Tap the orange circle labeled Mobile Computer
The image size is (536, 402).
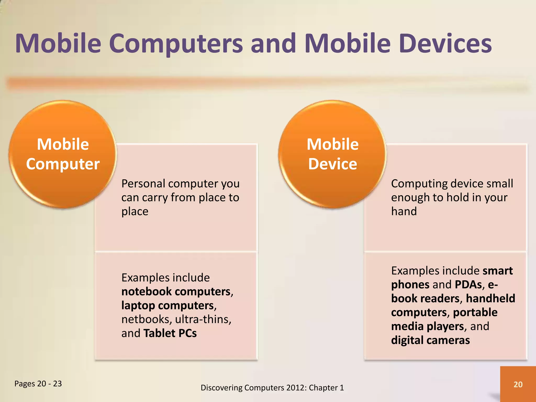tap(63, 154)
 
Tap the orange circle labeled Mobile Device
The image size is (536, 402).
tap(332, 154)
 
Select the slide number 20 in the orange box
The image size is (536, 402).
tap(518, 384)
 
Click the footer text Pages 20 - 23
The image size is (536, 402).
tap(38, 384)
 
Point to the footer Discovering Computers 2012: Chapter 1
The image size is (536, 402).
tap(272, 388)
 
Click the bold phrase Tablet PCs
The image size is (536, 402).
tap(170, 333)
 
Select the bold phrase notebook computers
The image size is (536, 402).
tap(176, 292)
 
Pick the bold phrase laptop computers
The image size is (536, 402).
tap(167, 305)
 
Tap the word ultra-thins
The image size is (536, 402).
tap(203, 319)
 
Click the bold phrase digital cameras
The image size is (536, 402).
tap(430, 340)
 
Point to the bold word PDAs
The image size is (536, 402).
tap(468, 285)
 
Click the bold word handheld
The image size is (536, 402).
tap(490, 299)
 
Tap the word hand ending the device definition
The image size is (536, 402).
tap(404, 211)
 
